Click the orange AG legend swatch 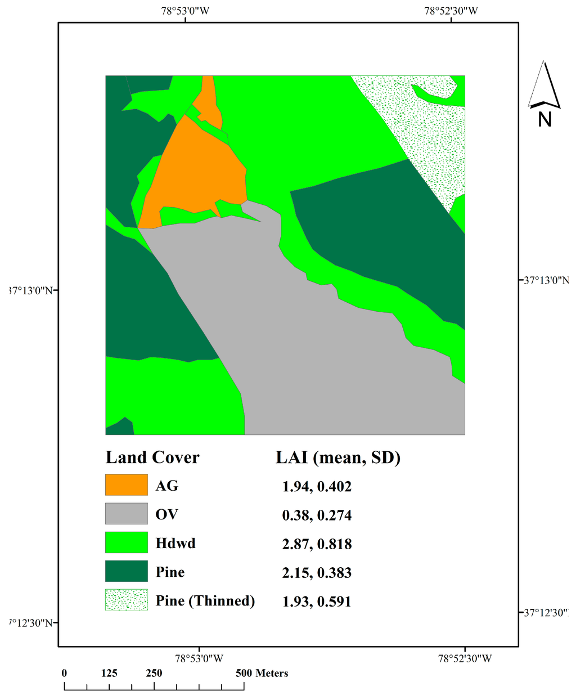(x=126, y=485)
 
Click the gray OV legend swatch (x=126, y=514)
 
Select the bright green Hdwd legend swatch (x=126, y=542)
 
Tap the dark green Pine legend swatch (x=126, y=571)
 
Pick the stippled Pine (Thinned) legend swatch (x=126, y=600)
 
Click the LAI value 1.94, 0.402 (x=317, y=486)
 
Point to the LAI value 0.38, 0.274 (x=317, y=515)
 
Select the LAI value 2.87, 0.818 (x=317, y=544)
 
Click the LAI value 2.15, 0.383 (x=317, y=572)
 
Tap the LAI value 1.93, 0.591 (x=317, y=601)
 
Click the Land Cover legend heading (x=152, y=457)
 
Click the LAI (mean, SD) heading (x=337, y=457)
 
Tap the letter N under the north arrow (x=544, y=119)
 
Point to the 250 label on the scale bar (x=154, y=673)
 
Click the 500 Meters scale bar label (x=262, y=673)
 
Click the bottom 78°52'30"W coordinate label (x=465, y=658)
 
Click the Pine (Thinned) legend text (x=205, y=600)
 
